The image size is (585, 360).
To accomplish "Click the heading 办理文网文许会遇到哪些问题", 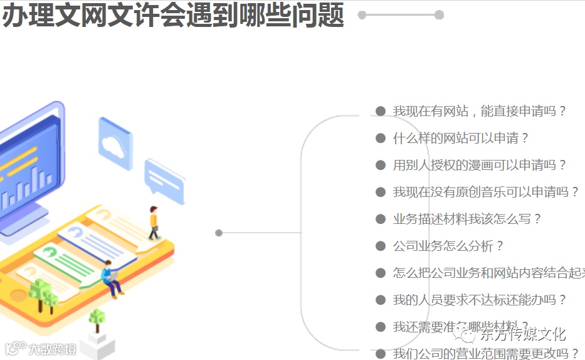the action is tap(173, 16).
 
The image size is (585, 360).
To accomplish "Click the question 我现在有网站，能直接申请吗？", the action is tap(480, 111).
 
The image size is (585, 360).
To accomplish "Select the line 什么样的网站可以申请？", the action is tap(461, 138).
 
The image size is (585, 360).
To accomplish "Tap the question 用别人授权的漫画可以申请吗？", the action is tap(480, 165).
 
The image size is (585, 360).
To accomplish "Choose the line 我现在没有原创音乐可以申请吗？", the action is tap(486, 192).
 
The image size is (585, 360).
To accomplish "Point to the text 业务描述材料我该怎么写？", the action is tap(467, 219).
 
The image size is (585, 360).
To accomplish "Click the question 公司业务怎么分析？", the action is tap(448, 246).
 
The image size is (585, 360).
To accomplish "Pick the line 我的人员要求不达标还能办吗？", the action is tap(480, 300).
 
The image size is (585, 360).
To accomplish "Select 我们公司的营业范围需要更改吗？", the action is tap(486, 354).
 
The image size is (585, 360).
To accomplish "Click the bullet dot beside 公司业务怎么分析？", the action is tap(380, 246).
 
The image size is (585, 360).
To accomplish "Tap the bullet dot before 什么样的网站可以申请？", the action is tap(380, 138).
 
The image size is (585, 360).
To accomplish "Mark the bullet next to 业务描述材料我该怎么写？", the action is tap(380, 219).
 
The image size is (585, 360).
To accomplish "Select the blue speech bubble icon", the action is tap(165, 181).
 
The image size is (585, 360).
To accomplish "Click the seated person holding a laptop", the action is tap(112, 277).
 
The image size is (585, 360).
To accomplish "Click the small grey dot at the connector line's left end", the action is tap(219, 233).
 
